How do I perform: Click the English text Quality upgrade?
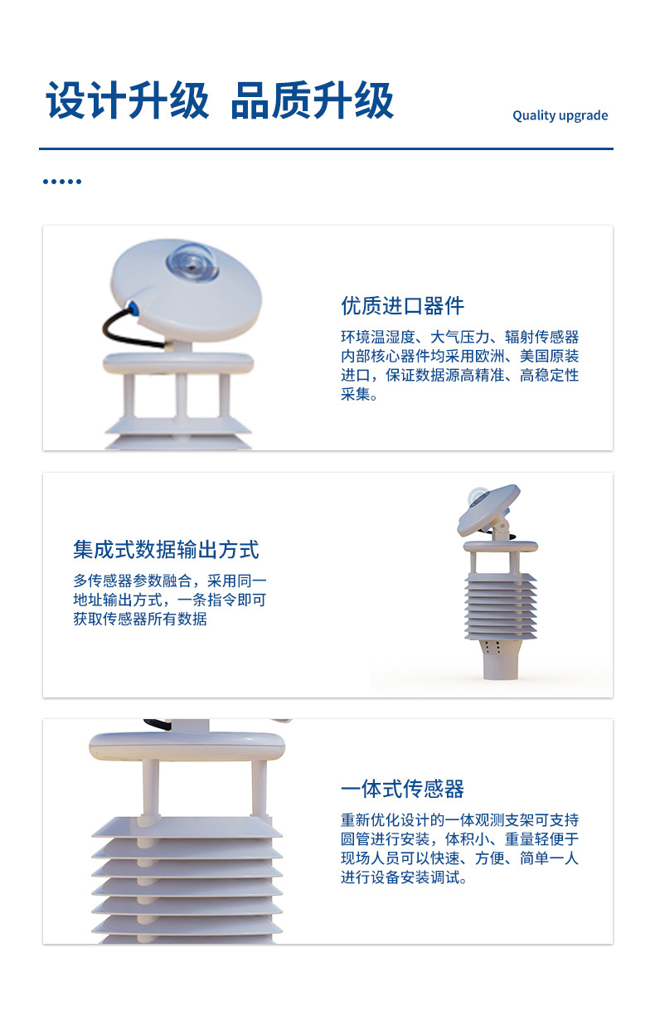click(560, 115)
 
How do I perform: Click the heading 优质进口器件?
click(402, 306)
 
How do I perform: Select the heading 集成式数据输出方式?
click(166, 549)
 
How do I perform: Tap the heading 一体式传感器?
click(402, 789)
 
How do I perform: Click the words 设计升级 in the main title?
click(128, 100)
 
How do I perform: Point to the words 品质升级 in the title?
click(313, 100)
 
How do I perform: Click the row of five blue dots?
click(62, 182)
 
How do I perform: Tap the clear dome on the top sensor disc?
click(192, 262)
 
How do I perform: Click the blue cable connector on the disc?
click(133, 308)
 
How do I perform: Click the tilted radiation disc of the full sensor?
click(488, 509)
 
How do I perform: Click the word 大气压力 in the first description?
click(459, 337)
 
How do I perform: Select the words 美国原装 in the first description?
click(549, 356)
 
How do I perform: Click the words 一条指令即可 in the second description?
click(221, 600)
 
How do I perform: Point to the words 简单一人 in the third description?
click(549, 858)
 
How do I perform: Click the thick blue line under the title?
click(326, 148)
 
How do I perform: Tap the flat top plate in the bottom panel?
click(187, 746)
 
